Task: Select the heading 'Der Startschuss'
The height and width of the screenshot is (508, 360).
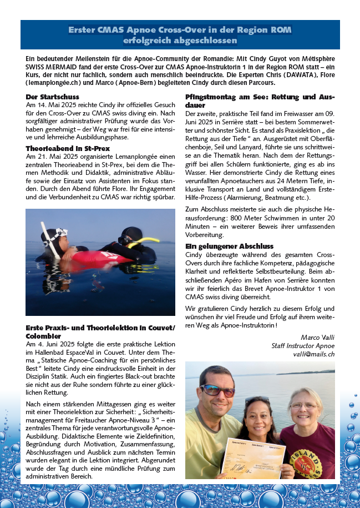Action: (x=47, y=97)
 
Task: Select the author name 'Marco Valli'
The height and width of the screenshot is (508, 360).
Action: (x=318, y=336)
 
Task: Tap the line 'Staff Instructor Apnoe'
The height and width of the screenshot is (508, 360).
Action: (x=303, y=345)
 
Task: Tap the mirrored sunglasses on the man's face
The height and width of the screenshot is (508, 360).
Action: (x=217, y=390)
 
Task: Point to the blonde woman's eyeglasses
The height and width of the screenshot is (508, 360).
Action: (x=303, y=406)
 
